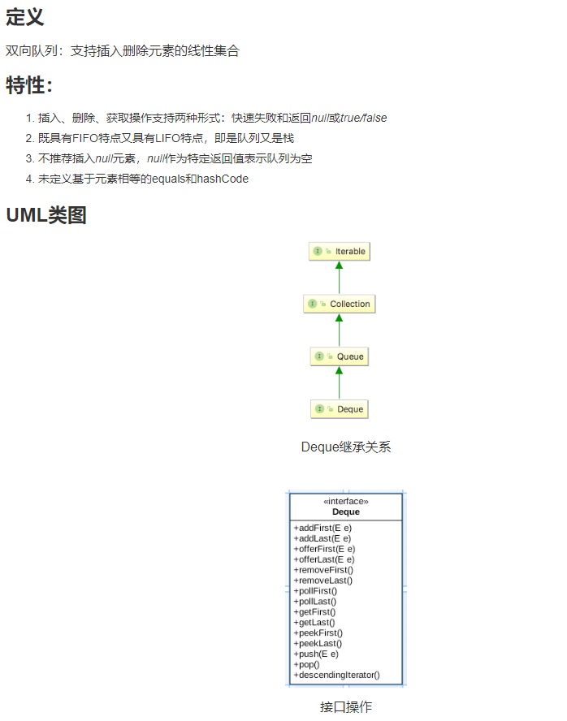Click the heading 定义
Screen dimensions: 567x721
tap(25, 17)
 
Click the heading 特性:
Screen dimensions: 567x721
tap(29, 84)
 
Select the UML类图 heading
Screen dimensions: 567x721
tap(46, 215)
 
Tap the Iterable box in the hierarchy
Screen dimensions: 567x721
tap(340, 252)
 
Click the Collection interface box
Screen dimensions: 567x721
tap(340, 304)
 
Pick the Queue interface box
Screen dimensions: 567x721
tap(340, 356)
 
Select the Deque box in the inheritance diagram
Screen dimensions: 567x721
tap(340, 408)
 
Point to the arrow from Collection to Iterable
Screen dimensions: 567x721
tap(340, 277)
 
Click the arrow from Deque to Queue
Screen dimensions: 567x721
tap(340, 382)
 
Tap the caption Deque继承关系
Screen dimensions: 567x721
tap(346, 447)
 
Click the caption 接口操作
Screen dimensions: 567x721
tap(346, 706)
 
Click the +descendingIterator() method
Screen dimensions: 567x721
tap(336, 675)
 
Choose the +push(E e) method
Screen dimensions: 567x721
tap(316, 654)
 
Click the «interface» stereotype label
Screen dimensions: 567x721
tap(346, 502)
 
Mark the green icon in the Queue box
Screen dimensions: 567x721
tap(319, 356)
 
